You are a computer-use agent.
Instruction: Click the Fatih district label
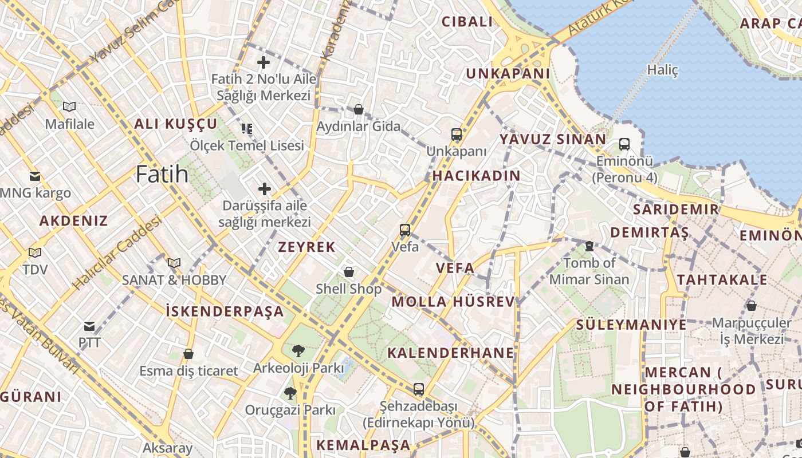click(162, 174)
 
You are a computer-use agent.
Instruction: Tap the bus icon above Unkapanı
click(457, 135)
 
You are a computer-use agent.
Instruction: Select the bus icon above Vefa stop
click(405, 230)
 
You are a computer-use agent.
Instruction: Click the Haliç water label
click(662, 70)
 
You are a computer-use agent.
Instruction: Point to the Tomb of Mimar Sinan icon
click(589, 246)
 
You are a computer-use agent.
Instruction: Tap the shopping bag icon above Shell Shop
click(348, 272)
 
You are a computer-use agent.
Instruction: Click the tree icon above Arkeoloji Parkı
click(298, 350)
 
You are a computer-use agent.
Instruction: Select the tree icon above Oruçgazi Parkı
click(290, 393)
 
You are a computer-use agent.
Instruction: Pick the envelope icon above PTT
click(89, 326)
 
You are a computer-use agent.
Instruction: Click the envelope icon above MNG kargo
click(35, 176)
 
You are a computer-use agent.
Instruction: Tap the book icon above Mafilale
click(69, 106)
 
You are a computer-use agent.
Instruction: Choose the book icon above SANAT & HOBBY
click(174, 263)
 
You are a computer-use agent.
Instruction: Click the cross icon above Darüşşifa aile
click(264, 188)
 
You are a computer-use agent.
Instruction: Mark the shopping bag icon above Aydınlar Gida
click(359, 109)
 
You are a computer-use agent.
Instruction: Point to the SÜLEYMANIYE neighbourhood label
click(631, 325)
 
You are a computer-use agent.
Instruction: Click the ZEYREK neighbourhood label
click(306, 247)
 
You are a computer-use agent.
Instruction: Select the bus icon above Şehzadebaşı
click(419, 389)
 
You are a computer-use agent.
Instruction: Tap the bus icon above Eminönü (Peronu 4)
click(624, 144)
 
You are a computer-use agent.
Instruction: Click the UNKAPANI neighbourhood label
click(508, 74)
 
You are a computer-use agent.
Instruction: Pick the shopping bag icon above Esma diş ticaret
click(188, 354)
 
